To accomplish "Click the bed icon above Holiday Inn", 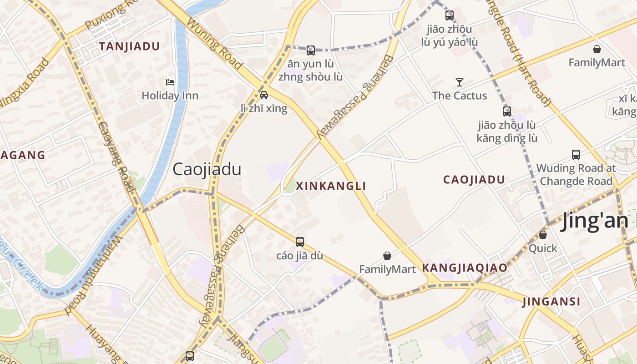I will tap(170, 82).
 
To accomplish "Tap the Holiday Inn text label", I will tap(170, 96).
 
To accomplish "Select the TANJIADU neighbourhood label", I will tap(129, 46).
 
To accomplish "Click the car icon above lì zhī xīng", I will tap(264, 95).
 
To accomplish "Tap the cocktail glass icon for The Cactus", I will tap(460, 82).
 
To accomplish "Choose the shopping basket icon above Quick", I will tap(542, 235).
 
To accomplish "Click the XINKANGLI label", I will tap(331, 186).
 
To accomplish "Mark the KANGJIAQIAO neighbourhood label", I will tap(465, 268).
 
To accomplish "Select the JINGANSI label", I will tap(551, 301).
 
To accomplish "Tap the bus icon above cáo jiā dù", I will tap(300, 242).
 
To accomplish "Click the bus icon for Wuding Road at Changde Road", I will tap(576, 155).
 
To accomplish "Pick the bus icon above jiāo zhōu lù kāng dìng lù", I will tap(507, 111).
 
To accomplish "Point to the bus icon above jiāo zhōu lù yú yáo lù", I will tap(450, 15).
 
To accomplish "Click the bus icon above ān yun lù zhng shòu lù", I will tap(311, 51).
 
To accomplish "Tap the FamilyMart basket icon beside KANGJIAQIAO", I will tap(387, 256).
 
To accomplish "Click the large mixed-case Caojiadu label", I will tap(207, 170).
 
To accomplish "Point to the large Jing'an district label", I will tap(598, 222).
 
